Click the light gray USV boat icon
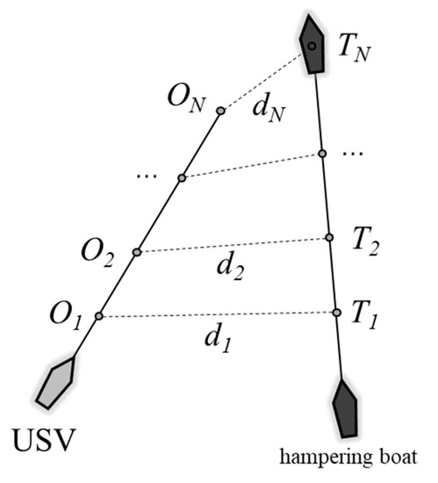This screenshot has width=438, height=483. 55,383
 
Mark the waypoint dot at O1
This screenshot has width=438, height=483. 99,316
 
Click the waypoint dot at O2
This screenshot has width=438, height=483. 137,252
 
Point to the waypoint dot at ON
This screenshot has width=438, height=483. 220,112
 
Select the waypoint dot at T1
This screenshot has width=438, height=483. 336,313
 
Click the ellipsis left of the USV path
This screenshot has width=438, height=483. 147,178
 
